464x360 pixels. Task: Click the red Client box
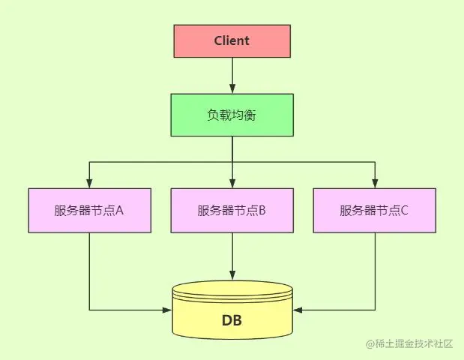pos(232,40)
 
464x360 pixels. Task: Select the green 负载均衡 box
pos(232,115)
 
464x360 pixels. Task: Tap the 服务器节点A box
pos(89,210)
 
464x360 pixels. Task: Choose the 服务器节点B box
pos(232,210)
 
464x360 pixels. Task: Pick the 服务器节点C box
pos(374,210)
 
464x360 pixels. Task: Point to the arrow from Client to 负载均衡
pos(232,75)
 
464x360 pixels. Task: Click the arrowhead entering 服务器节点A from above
pos(89,182)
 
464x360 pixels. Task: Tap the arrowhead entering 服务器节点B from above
pos(232,182)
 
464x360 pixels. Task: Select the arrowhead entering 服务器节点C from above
pos(374,182)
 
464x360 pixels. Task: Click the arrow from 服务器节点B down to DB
pos(232,255)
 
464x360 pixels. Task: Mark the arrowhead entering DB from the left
pos(167,309)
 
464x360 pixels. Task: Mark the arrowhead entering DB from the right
pos(297,309)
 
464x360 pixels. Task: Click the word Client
pos(232,40)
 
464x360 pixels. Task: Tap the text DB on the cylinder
pos(232,321)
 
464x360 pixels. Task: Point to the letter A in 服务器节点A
pos(119,210)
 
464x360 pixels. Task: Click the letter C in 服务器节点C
pos(404,210)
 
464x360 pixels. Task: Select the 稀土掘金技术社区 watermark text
pos(414,343)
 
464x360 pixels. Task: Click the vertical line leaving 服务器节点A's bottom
pos(89,270)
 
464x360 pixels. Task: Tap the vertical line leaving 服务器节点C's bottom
pos(374,270)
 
